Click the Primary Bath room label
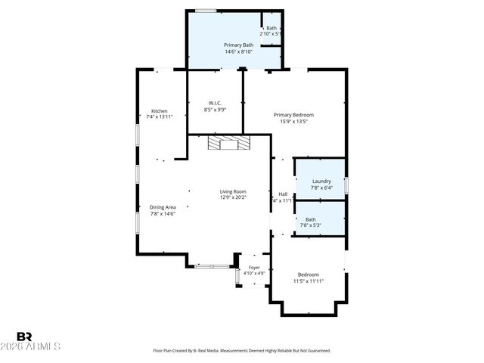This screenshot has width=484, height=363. pyautogui.click(x=237, y=45)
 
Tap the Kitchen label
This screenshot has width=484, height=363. pyautogui.click(x=159, y=111)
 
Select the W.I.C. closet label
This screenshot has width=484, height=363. pyautogui.click(x=215, y=104)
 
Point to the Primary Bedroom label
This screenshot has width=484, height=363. pyautogui.click(x=293, y=115)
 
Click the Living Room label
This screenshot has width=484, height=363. pyautogui.click(x=233, y=192)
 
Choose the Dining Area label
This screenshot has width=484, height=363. pyautogui.click(x=163, y=207)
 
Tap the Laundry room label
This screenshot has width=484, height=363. pyautogui.click(x=321, y=181)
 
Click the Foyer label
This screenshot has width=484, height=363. pyautogui.click(x=254, y=267)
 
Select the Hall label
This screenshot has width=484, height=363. pyautogui.click(x=282, y=194)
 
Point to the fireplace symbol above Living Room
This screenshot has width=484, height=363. pyautogui.click(x=228, y=144)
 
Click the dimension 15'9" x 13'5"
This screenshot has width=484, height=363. pyautogui.click(x=293, y=121)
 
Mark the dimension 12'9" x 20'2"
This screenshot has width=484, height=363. pyautogui.click(x=233, y=198)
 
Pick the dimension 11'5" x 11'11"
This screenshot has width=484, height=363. pyautogui.click(x=308, y=281)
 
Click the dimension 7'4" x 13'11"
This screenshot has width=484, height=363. pyautogui.click(x=159, y=117)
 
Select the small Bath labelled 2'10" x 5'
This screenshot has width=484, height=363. pyautogui.click(x=271, y=28)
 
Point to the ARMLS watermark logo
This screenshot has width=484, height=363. pyautogui.click(x=38, y=342)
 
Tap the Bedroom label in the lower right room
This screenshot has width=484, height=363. pyautogui.click(x=308, y=275)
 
